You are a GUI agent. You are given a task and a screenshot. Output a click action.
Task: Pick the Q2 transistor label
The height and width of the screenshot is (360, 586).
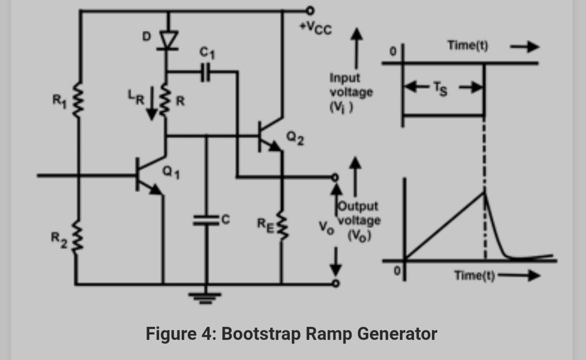[295, 140]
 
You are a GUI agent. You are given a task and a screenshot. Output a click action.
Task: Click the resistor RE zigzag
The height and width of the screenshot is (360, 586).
[281, 223]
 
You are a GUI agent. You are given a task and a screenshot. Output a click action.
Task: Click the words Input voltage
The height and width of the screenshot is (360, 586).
[351, 85]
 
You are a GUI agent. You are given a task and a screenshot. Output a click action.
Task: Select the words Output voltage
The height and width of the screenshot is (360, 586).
[359, 214]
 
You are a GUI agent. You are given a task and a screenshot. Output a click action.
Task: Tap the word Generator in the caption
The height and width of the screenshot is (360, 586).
[396, 333]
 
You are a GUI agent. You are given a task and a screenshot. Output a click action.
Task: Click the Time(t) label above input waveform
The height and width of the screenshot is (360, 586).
[467, 46]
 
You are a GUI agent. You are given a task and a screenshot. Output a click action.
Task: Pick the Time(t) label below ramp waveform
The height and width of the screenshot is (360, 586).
[474, 275]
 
